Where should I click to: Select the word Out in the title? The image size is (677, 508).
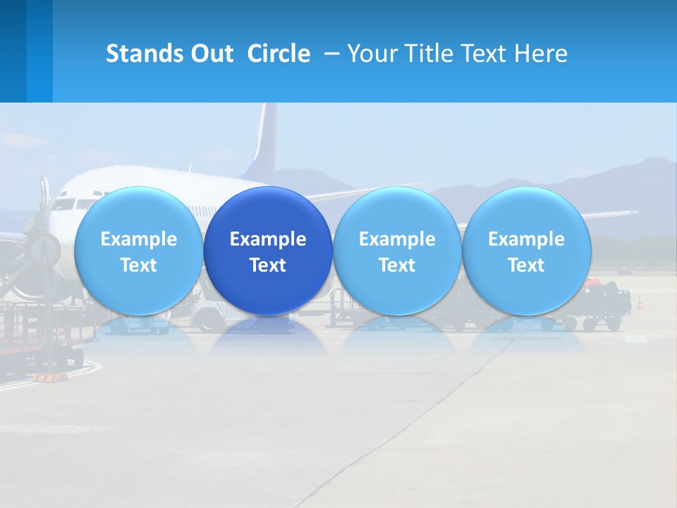click(209, 54)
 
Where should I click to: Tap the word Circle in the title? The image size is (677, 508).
click(278, 54)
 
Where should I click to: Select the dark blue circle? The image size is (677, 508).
click(268, 212)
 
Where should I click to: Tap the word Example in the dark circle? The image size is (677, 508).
click(268, 239)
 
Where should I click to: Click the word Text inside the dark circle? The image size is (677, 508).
click(268, 265)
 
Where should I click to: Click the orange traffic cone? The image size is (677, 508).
click(640, 303)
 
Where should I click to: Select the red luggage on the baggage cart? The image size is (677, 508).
click(598, 288)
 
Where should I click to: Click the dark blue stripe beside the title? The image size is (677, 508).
click(13, 51)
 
